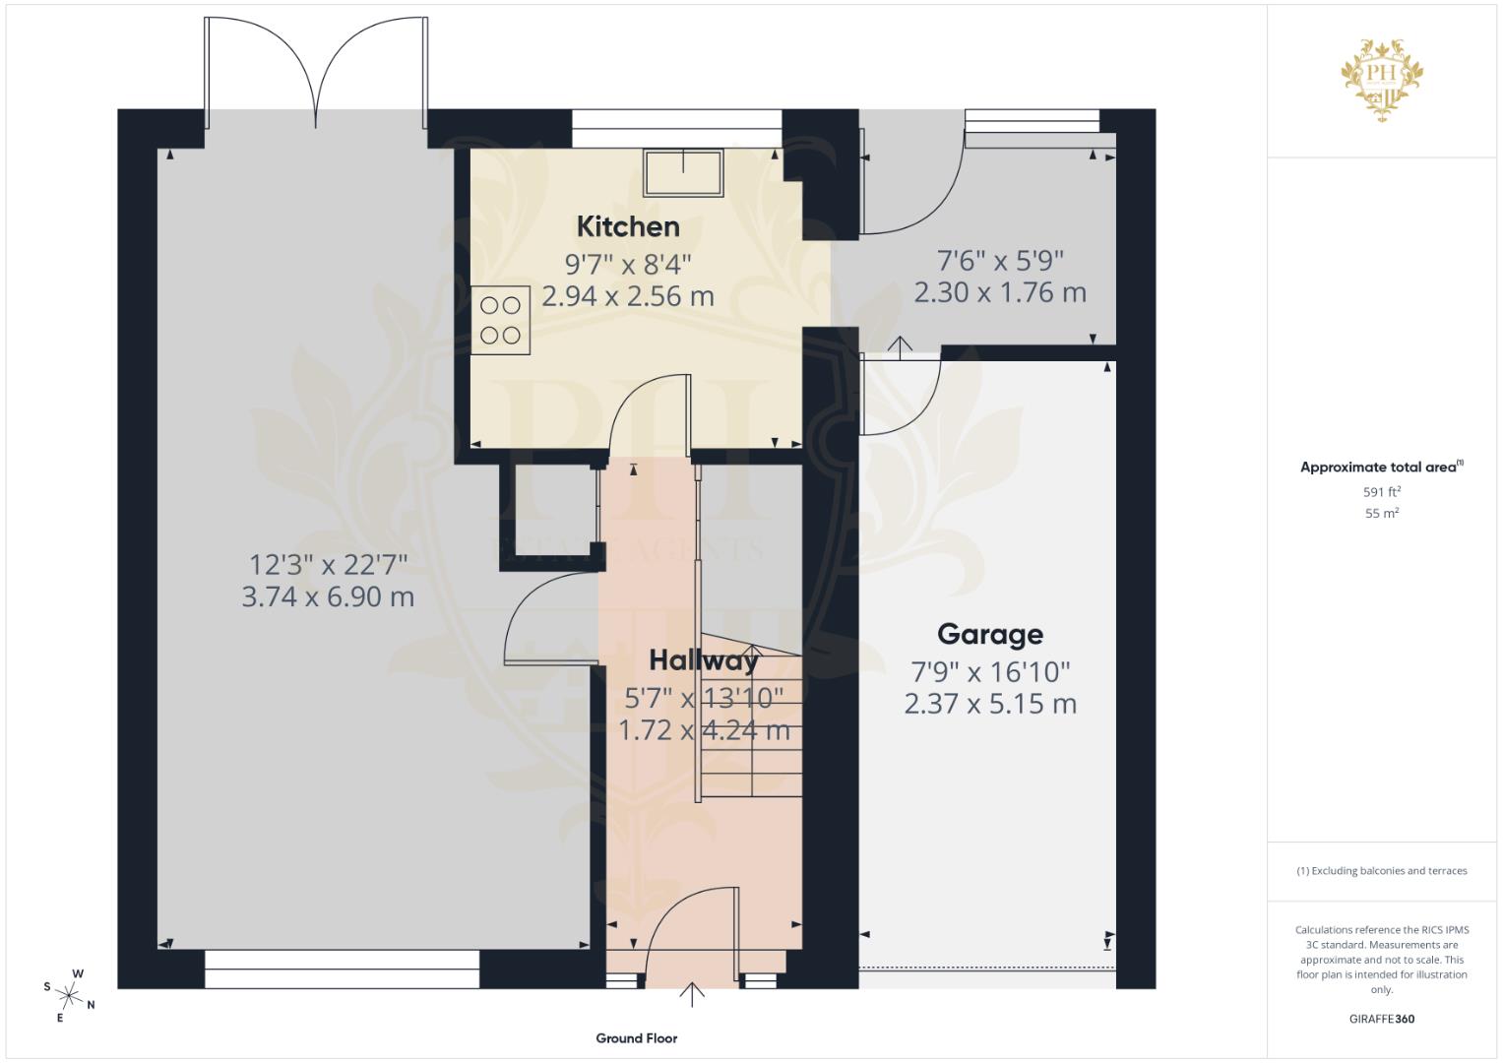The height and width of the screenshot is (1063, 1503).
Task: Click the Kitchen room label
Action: [628, 226]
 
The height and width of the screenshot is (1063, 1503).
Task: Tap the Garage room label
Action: [989, 635]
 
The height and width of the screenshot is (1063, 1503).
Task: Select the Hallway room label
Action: [703, 659]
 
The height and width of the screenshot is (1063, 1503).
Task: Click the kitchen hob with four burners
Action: [500, 320]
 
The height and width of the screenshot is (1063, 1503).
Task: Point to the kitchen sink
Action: [683, 172]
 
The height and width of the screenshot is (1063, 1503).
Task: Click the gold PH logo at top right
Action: [1382, 79]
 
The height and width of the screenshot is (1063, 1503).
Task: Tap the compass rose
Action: [70, 994]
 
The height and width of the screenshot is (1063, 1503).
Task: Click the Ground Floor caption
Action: [636, 1037]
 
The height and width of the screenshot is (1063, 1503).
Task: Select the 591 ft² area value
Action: [1382, 491]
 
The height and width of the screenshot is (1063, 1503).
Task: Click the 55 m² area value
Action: [1382, 513]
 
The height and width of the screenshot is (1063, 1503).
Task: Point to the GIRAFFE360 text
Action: [1382, 1019]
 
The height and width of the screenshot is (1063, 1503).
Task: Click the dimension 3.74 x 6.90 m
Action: [328, 597]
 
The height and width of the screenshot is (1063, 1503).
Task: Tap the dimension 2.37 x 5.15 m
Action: [990, 704]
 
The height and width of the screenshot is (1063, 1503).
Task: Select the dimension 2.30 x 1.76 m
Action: [1000, 293]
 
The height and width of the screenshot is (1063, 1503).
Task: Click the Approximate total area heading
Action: [1381, 468]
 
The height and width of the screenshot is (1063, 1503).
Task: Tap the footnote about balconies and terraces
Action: [1382, 871]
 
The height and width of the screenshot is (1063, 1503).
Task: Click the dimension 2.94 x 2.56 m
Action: [628, 296]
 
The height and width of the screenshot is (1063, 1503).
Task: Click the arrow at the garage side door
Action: [899, 345]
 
